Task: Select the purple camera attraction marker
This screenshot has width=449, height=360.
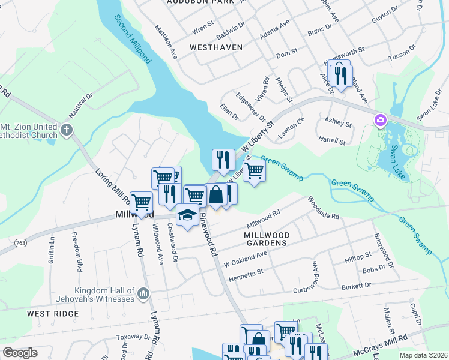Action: pos(380,121)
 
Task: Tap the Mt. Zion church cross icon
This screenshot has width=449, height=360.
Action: pos(67,129)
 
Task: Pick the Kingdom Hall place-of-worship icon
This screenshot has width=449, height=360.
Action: pos(143,293)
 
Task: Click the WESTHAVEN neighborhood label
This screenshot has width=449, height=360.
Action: pos(215,47)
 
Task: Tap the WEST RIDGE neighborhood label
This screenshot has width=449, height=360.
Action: pos(53,314)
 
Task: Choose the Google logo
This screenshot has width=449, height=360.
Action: pos(20,353)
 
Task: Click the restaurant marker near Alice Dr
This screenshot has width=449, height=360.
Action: pos(339,74)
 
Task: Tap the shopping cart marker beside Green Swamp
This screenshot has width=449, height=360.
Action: pos(255,171)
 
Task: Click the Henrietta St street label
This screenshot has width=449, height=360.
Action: pos(246,275)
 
